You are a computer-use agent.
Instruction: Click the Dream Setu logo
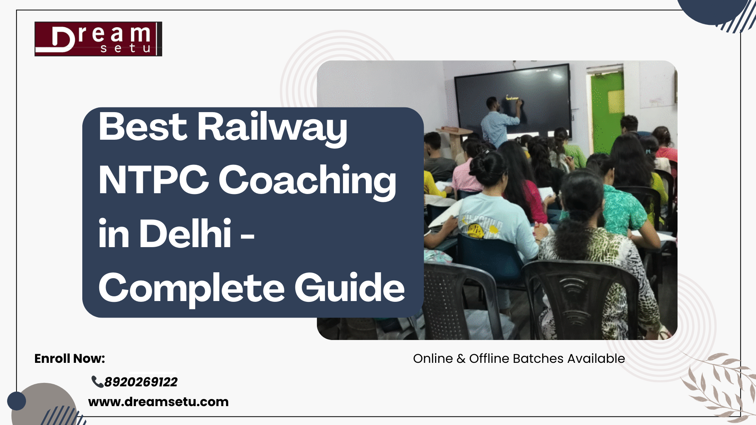pos(98,39)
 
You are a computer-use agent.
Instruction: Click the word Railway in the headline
pos(272,127)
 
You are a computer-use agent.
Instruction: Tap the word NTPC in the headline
pos(153,180)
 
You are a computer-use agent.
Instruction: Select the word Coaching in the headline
pos(307,181)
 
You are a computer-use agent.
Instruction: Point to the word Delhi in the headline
pos(185,234)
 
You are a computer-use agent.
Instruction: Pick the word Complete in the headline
pos(191,288)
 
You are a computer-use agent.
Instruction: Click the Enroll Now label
pos(70,358)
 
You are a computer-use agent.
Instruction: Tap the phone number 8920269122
pos(141,382)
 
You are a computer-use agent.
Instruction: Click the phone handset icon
pos(97,381)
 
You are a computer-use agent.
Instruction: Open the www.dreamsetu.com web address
pos(158,402)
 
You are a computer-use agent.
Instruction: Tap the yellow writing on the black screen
pos(512,98)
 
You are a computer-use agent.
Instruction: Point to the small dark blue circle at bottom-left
pos(17,401)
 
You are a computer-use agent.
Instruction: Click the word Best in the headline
pos(143,127)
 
